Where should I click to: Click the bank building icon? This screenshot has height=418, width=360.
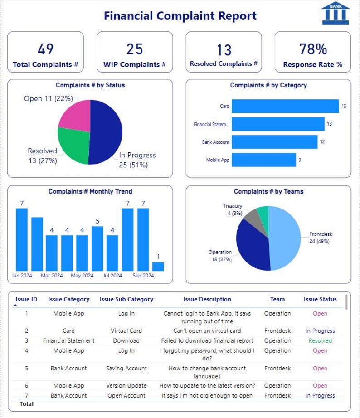click(x=336, y=13)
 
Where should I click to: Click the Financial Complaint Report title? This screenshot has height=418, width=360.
click(x=180, y=16)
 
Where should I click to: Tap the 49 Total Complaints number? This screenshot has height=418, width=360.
click(x=45, y=49)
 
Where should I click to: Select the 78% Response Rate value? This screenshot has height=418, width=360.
click(x=312, y=49)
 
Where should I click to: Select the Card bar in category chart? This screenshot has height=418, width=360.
click(x=285, y=106)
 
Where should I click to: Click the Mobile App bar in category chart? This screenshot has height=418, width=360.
click(x=263, y=160)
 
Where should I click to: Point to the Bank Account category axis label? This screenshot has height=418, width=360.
click(x=216, y=142)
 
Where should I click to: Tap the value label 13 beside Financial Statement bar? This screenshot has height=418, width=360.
click(x=330, y=124)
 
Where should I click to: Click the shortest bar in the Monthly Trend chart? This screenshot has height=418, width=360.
click(x=158, y=266)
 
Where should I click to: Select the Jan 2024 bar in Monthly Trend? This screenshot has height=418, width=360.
click(x=22, y=239)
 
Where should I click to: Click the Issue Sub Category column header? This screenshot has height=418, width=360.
click(x=126, y=299)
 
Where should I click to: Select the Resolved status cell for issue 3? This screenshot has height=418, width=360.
click(x=320, y=340)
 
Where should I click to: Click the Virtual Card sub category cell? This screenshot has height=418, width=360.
click(x=126, y=331)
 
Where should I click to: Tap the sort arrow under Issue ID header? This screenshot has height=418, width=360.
click(x=15, y=306)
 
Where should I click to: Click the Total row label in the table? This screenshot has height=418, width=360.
click(x=26, y=403)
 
